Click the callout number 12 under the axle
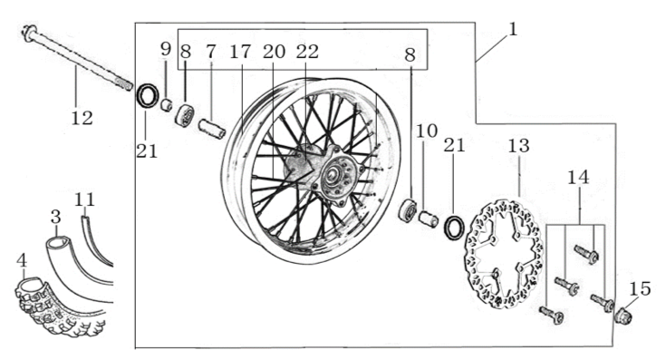[x=82, y=118]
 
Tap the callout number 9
[x=166, y=49]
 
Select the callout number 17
[x=240, y=52]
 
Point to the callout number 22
[x=307, y=52]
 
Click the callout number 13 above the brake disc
[x=519, y=146]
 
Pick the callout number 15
[x=640, y=289]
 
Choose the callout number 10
[x=427, y=131]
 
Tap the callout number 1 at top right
[x=513, y=30]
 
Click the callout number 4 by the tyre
[x=21, y=260]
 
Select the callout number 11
[x=84, y=199]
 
